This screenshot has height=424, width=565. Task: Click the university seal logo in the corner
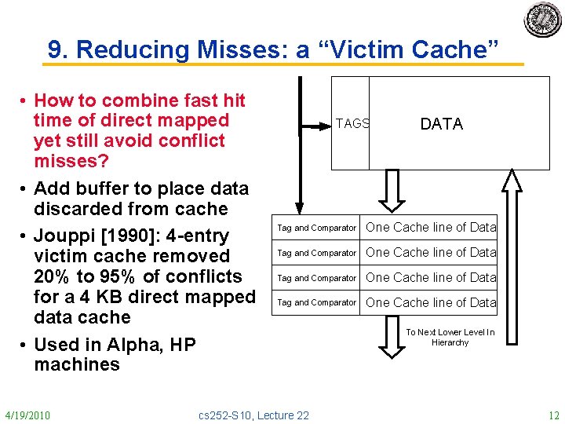tap(542, 20)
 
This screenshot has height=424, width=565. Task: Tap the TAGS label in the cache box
tap(352, 123)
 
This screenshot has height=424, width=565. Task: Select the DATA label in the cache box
tap(442, 124)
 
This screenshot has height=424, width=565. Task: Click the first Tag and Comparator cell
tap(316, 228)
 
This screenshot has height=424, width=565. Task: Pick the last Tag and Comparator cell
tap(316, 302)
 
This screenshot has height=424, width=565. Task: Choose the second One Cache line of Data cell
tap(431, 253)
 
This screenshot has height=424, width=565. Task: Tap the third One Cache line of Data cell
tap(431, 277)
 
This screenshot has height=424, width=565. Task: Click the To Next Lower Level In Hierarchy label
tap(450, 338)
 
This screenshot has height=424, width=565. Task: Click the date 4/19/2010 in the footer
tap(27, 415)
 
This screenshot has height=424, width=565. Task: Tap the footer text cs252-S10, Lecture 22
tap(254, 415)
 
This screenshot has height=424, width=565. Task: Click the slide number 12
tap(553, 415)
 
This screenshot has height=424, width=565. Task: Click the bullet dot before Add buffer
tap(26, 189)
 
